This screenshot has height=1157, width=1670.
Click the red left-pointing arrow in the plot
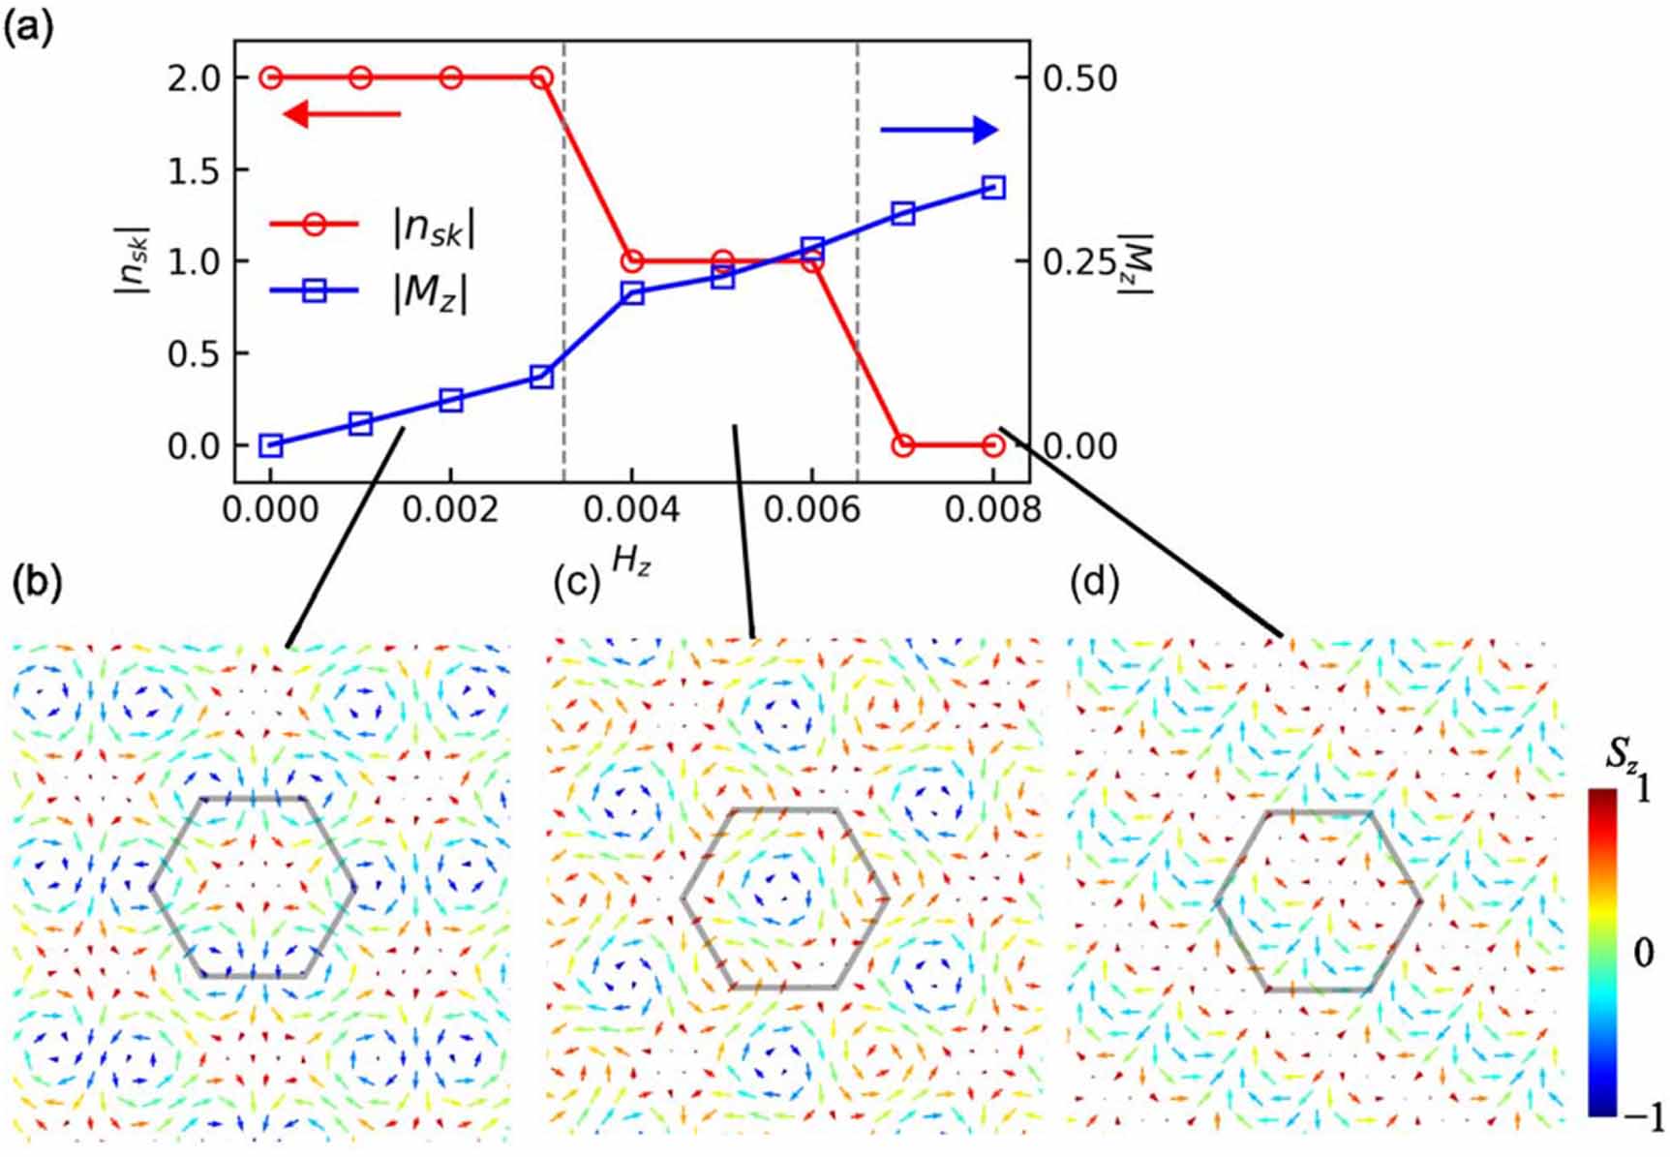point(341,114)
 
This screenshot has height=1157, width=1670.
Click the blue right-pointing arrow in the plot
point(938,130)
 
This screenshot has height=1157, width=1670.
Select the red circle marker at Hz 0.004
point(632,261)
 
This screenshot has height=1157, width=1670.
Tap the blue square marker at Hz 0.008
point(993,188)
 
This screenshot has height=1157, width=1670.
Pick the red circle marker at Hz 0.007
point(903,445)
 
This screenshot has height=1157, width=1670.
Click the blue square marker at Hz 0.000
point(271,445)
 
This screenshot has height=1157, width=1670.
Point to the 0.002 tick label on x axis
point(450,508)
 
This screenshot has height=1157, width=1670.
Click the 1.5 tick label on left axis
point(194,170)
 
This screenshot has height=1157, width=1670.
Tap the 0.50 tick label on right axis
point(1079,78)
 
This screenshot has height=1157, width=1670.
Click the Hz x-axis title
point(631,560)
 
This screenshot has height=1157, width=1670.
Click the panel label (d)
point(1095,582)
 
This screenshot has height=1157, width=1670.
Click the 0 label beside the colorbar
point(1643,953)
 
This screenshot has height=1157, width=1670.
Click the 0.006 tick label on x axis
point(811,508)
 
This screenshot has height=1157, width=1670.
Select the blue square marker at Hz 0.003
point(542,377)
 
